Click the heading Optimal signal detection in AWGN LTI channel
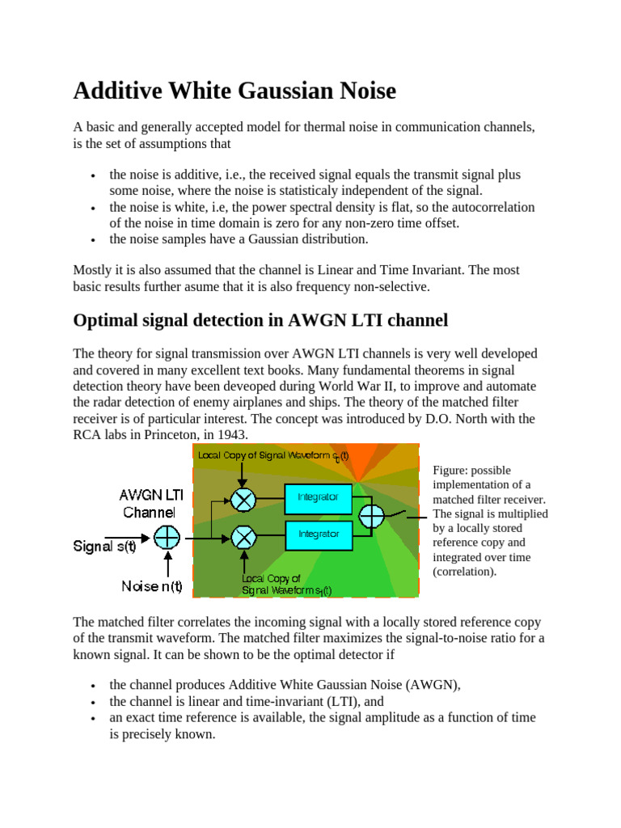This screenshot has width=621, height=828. click(x=260, y=320)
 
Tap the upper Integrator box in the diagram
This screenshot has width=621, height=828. click(x=318, y=498)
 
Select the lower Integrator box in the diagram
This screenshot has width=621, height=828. click(x=318, y=534)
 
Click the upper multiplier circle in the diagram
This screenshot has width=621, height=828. click(x=243, y=500)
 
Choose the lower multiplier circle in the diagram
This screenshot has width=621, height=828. click(x=243, y=536)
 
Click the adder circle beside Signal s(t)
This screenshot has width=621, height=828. click(x=167, y=537)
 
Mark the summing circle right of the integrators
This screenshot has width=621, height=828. click(x=372, y=516)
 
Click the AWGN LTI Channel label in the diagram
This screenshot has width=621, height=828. click(x=150, y=503)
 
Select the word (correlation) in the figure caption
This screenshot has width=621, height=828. click(x=464, y=572)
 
